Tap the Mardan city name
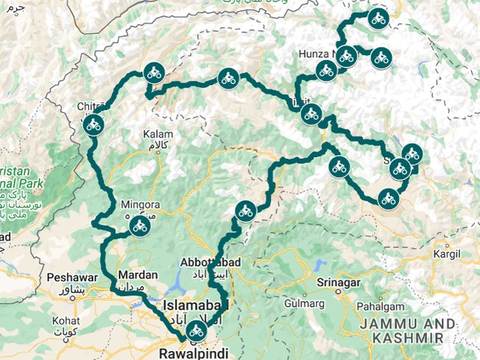136,276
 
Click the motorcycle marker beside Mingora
138,228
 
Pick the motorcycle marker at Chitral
93,126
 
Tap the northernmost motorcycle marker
379,19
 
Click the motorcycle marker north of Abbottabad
245,212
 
